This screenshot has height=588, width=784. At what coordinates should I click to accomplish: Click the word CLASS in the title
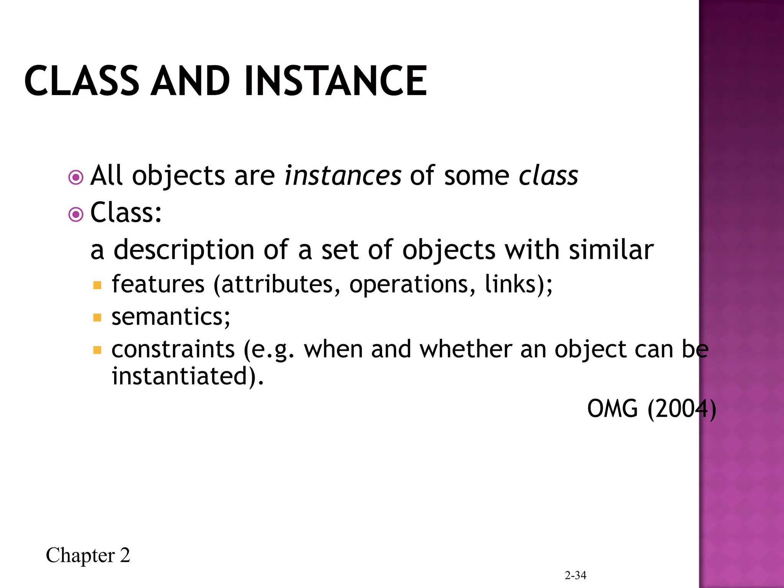coord(82,81)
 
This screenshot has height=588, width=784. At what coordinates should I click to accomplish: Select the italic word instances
coord(343,176)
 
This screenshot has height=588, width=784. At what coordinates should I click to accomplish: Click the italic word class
coord(548,176)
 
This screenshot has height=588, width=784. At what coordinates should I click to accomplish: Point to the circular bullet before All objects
coord(76,178)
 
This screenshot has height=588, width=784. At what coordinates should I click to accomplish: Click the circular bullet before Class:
coord(76,215)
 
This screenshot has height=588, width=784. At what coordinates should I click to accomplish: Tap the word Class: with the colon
coord(126,212)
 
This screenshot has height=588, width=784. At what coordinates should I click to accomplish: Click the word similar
coord(611,250)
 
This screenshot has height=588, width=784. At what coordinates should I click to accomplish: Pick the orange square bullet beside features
coord(97,285)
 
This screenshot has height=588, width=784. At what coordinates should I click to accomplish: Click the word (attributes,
coord(276,285)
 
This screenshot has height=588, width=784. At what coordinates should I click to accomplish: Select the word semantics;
coord(171,317)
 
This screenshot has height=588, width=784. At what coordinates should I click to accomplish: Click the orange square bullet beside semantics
coord(97,318)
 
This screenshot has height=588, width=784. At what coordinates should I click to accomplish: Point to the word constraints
coord(173,349)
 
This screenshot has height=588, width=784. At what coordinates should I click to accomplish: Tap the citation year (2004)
coord(681,409)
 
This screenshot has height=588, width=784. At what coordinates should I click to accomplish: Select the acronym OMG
coord(612,409)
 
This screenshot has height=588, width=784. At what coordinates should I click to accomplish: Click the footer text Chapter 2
coord(88,555)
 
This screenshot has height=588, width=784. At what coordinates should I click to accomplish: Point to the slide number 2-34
coord(575,575)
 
